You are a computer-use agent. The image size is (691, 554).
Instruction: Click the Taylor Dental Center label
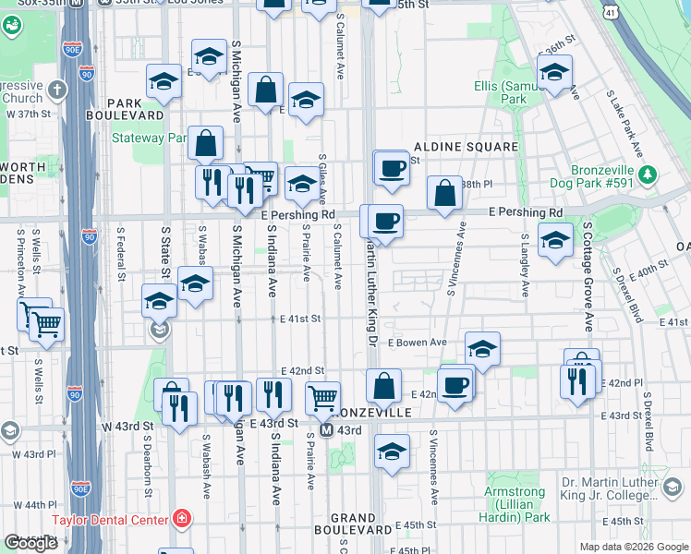pos(111,520)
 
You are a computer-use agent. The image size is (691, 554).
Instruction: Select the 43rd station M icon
pos(327,430)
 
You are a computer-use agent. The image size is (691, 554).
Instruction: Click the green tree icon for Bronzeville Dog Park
pos(649,174)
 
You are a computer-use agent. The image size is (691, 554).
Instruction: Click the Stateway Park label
pos(149,138)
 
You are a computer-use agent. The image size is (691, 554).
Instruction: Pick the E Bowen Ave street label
pos(417,343)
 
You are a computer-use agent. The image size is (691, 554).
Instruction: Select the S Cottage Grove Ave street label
pos(587,276)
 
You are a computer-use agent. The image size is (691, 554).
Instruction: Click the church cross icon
pos(56,90)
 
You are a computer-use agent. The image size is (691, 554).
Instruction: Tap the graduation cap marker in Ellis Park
pos(555,72)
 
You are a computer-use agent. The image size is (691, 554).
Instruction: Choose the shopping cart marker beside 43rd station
pos(322,399)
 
